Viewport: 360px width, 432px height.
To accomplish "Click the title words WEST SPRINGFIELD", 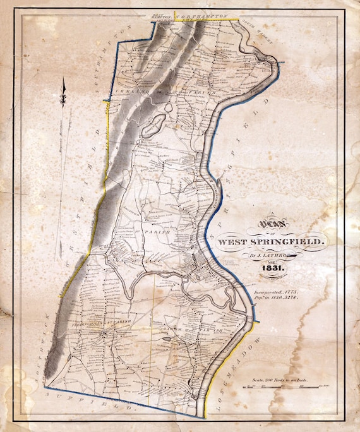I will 272,242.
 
